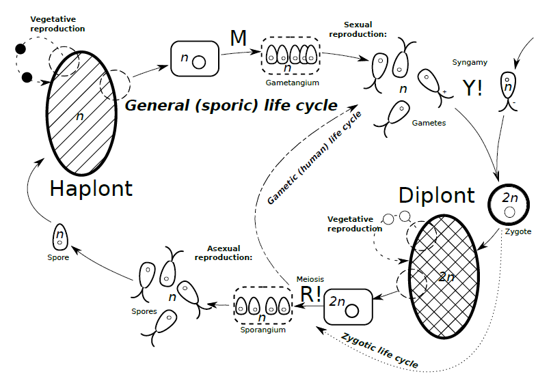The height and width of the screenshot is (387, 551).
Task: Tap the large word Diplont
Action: pyautogui.click(x=436, y=195)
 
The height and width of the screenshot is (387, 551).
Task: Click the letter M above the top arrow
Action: pyautogui.click(x=238, y=39)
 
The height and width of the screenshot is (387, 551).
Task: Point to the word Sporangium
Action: pyautogui.click(x=263, y=329)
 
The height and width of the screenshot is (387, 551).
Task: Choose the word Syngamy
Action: pyautogui.click(x=470, y=63)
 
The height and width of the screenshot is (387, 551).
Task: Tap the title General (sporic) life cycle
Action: pyautogui.click(x=231, y=105)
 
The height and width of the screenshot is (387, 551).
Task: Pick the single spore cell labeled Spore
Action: pyautogui.click(x=60, y=238)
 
